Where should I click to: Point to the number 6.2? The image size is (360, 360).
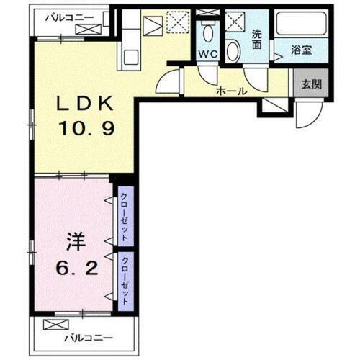point(76,268)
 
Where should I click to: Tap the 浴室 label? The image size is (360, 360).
point(302,50)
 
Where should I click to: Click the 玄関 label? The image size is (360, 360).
point(312,83)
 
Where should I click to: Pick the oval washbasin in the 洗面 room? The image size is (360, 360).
point(233,50)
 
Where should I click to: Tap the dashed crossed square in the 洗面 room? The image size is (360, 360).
point(235,21)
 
